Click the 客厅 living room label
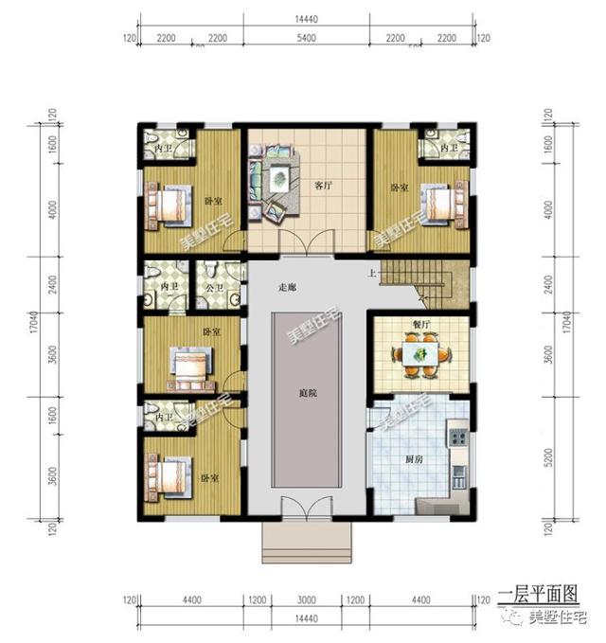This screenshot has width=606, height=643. coord(322,185)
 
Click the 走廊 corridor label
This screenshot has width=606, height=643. coord(288,287)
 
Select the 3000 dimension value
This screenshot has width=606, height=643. coord(306,600)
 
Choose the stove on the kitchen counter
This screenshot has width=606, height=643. coord(457,438)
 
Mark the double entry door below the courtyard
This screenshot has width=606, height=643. coord(305,511)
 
